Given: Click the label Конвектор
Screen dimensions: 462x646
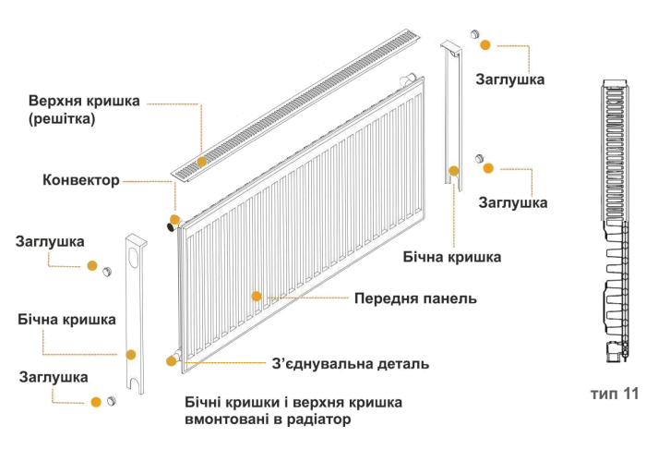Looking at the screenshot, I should click(80, 179).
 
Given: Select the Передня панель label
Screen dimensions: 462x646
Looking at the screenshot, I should click(415, 299).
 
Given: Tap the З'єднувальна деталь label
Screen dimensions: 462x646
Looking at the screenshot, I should click(350, 364).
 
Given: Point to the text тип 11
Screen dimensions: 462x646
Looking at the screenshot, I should click(615, 394).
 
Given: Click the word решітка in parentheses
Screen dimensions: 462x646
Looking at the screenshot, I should click(62, 120).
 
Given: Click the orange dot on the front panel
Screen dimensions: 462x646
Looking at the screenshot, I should click(257, 297).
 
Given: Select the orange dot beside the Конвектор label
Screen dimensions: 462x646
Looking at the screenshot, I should click(173, 220).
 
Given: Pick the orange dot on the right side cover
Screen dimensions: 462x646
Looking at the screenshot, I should click(454, 171).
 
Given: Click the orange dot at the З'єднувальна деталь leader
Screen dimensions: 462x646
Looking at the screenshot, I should click(171, 360).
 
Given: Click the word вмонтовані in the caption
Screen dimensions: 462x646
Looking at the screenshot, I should click(224, 420).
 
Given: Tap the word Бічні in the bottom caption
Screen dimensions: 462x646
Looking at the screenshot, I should click(201, 404).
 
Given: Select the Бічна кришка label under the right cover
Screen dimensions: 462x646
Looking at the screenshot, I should click(452, 257).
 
